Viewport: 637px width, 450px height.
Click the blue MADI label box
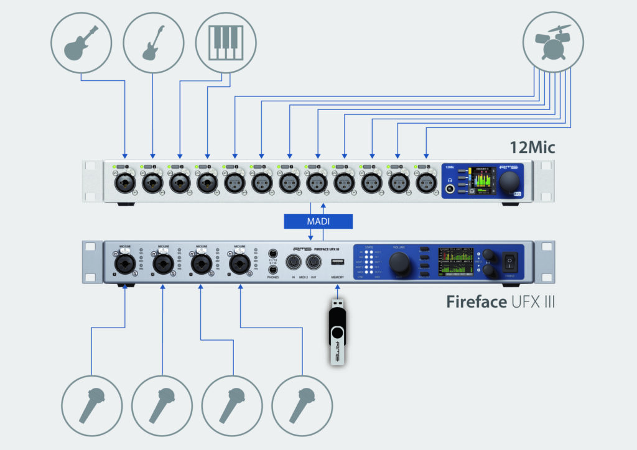click(317, 221)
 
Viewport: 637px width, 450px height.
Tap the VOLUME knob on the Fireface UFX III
click(399, 264)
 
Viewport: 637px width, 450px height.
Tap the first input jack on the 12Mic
click(124, 183)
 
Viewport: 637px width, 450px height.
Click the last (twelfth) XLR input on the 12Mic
click(425, 183)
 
